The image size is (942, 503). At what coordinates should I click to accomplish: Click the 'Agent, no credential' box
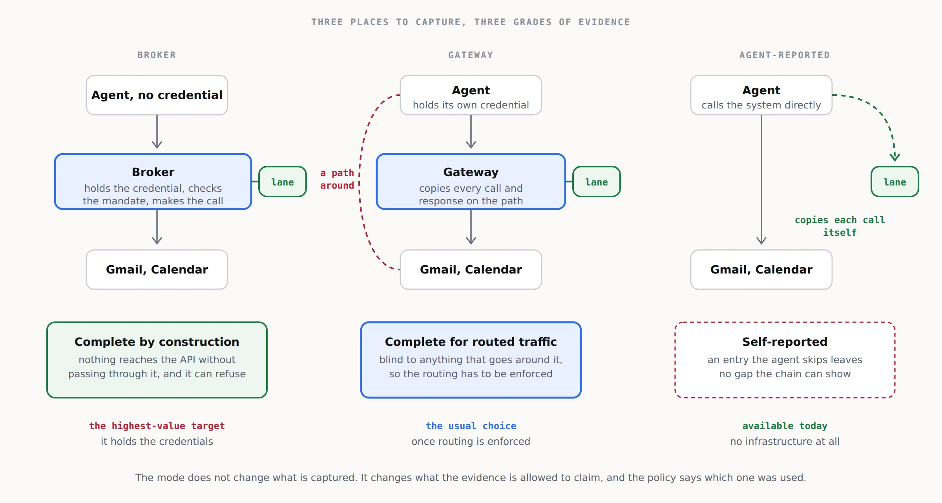(157, 95)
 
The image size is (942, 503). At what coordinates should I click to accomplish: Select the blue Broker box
(153, 182)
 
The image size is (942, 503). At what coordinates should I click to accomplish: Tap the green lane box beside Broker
(283, 182)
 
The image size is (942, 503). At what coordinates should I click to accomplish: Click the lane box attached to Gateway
(597, 182)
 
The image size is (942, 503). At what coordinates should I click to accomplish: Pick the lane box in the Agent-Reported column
(895, 182)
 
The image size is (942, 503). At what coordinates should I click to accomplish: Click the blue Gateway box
(471, 182)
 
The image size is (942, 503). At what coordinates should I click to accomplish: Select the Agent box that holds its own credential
(471, 95)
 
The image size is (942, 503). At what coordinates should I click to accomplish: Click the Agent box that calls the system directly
(761, 95)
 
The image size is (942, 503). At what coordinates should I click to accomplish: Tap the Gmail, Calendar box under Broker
(157, 270)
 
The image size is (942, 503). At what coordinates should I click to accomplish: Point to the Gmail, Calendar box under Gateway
(471, 270)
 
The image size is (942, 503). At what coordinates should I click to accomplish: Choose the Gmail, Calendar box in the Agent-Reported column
(761, 270)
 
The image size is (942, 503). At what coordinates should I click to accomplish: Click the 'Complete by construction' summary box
(157, 360)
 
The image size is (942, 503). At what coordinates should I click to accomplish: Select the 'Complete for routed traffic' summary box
(471, 360)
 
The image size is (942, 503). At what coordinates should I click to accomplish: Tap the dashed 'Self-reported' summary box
(785, 360)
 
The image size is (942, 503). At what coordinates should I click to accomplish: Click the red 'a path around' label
(337, 179)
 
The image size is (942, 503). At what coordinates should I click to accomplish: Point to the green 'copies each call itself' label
(840, 226)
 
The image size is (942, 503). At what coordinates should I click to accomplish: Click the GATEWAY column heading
(471, 55)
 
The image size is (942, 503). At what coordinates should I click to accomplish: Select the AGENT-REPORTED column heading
(785, 55)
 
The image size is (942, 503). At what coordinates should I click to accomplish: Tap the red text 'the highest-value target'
(157, 426)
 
